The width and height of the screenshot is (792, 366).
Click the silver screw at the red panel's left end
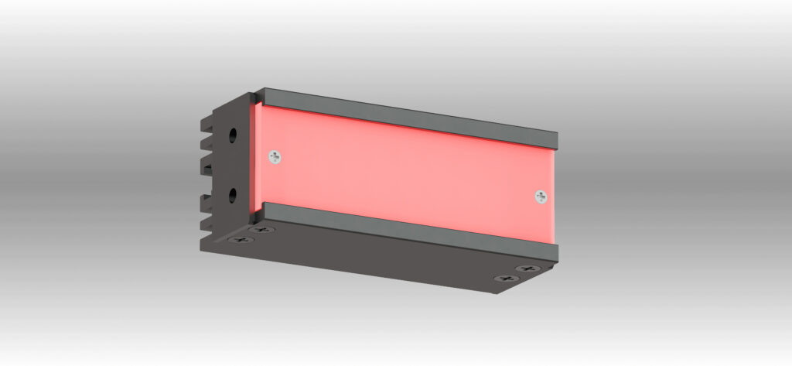coord(275,157)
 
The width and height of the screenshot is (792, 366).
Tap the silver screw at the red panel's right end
coord(540,197)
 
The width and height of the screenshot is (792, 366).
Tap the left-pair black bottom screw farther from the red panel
coord(241,239)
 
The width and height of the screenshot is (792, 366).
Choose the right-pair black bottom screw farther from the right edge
coord(506,278)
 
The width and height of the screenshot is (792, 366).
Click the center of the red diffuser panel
coord(406,170)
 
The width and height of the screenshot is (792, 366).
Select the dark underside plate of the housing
coord(371,259)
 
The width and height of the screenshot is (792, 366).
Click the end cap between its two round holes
coord(232,164)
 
